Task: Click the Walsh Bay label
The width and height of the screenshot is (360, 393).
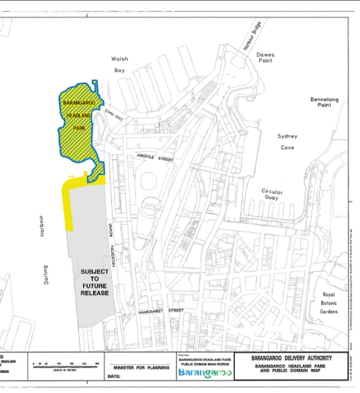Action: [x=119, y=64]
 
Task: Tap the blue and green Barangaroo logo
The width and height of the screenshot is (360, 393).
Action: [x=205, y=373]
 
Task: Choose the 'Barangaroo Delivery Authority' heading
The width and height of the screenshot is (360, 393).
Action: [x=291, y=358]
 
